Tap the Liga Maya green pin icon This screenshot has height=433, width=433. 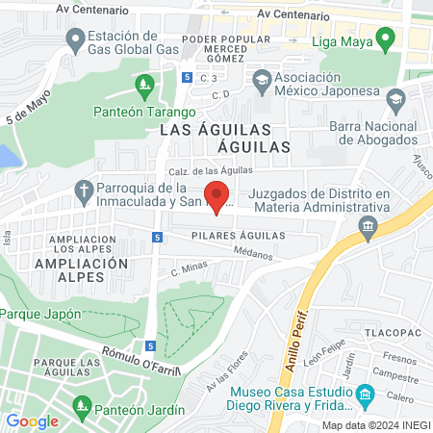tap(386, 40)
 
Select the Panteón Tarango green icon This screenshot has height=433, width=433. tap(143, 87)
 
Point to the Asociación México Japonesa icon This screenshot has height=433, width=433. tap(262, 82)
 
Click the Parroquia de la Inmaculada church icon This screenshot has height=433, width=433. tap(84, 191)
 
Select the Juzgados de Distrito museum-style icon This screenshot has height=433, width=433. tap(367, 226)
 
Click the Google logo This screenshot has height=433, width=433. tap(33, 420)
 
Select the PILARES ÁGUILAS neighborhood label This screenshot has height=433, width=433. tap(238, 235)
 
